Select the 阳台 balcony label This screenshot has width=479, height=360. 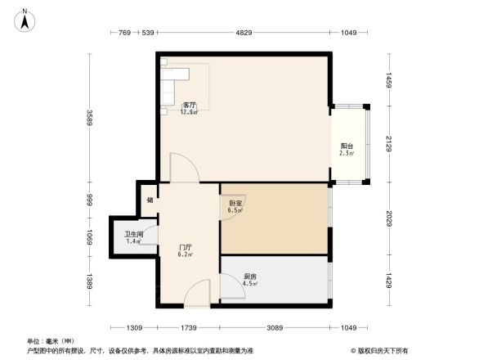click(x=347, y=150)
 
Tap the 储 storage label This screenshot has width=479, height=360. click(x=150, y=200)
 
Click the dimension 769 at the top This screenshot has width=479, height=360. click(x=124, y=33)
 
